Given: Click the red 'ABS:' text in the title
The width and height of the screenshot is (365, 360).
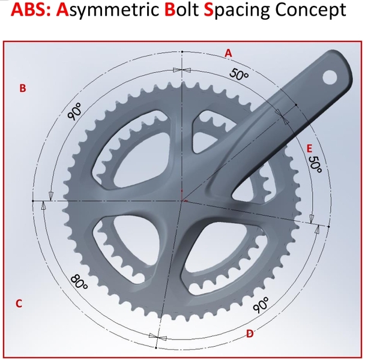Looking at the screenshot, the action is pyautogui.click(x=31, y=10).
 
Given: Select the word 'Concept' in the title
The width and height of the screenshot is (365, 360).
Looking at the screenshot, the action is pyautogui.click(x=310, y=10).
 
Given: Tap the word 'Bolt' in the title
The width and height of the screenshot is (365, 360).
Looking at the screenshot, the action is pyautogui.click(x=181, y=10).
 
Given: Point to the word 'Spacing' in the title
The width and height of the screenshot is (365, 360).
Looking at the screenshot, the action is pyautogui.click(x=237, y=10).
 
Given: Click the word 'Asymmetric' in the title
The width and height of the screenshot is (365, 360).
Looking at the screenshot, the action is pyautogui.click(x=107, y=10).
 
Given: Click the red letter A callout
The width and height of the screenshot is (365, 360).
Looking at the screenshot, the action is pyautogui.click(x=228, y=53).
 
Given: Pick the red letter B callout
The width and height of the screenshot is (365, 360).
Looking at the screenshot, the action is pyautogui.click(x=23, y=88).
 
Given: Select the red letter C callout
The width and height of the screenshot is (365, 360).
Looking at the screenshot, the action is pyautogui.click(x=19, y=304).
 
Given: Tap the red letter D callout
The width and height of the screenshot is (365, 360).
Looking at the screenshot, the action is pyautogui.click(x=250, y=334).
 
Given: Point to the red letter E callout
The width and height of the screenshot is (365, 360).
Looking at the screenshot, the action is pyautogui.click(x=309, y=149).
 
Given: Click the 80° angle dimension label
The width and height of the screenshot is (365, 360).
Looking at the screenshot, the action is pyautogui.click(x=79, y=282).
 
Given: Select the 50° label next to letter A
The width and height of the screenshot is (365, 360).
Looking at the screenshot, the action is pyautogui.click(x=239, y=74).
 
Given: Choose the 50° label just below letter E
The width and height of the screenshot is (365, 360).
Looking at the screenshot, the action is pyautogui.click(x=315, y=164).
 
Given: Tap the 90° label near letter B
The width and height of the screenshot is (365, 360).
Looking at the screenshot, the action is pyautogui.click(x=74, y=112).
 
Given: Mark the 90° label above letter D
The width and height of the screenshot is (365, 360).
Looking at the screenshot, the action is pyautogui.click(x=261, y=305).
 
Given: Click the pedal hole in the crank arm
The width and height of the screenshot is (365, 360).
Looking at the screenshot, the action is pyautogui.click(x=330, y=77).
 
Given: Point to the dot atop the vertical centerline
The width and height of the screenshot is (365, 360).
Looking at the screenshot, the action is pyautogui.click(x=182, y=52).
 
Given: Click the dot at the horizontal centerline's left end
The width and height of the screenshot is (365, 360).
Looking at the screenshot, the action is pyautogui.click(x=33, y=200).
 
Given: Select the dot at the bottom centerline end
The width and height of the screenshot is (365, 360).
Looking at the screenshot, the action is pyautogui.click(x=156, y=347).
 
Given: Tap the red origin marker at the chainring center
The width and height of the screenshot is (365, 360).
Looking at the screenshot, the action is pyautogui.click(x=182, y=197).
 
